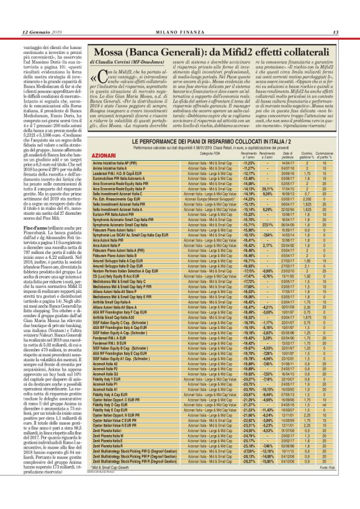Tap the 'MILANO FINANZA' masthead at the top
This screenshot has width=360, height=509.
point(180,32)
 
